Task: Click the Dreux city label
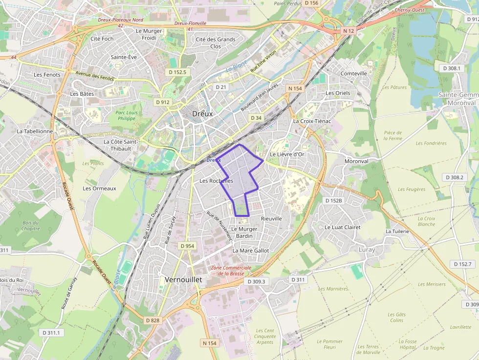click(202, 113)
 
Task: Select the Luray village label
click(367, 250)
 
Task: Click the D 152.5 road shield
click(177, 72)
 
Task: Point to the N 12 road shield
click(348, 31)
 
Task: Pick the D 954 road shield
click(187, 246)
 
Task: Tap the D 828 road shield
click(152, 320)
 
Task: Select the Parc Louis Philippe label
click(126, 115)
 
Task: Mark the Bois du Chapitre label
click(30, 226)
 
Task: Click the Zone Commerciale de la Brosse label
click(231, 271)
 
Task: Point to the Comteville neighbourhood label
click(353, 74)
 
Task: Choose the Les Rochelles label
click(216, 181)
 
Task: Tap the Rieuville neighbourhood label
click(271, 218)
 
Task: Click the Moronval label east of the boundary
click(356, 161)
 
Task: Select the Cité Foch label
click(102, 39)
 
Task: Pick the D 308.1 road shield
click(452, 68)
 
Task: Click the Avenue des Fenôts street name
click(94, 76)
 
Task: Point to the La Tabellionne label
click(35, 131)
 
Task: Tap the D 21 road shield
click(221, 86)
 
